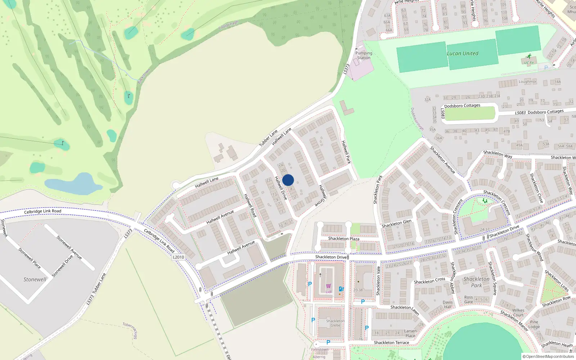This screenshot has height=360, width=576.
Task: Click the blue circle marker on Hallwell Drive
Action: [288, 180]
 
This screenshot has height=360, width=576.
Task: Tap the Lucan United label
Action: [463, 54]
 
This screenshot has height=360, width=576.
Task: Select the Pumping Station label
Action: [364, 55]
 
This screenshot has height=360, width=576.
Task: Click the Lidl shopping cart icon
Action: [328, 286]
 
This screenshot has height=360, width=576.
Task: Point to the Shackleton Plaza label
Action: [343, 239]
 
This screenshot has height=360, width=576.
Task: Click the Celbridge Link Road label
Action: [42, 211]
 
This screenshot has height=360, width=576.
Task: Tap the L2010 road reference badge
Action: [178, 257]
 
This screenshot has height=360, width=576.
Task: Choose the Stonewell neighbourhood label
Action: [35, 279]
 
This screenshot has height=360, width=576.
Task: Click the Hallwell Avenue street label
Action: [220, 217]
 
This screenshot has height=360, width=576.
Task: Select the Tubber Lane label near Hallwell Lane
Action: [269, 138]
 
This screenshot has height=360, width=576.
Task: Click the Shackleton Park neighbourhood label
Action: [476, 282]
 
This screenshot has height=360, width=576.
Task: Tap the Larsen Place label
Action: [410, 333]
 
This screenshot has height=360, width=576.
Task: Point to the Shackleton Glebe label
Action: [335, 323]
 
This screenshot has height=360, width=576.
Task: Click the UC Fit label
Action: [529, 63]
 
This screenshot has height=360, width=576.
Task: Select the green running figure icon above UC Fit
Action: [529, 56]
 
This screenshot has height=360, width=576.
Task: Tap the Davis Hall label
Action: [447, 305]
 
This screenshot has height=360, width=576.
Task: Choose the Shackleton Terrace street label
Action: [391, 342]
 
